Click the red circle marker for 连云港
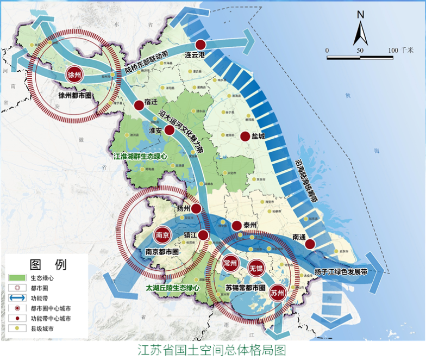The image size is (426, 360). (201, 44)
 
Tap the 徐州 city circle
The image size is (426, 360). (74, 75)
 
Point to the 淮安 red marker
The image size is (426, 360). (170, 130)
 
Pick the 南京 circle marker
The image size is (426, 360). (163, 235)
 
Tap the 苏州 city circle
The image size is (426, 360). (278, 293)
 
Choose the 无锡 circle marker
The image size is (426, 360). (256, 269)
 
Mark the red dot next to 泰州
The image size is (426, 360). (236, 226)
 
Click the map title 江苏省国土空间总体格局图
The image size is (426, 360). (211, 349)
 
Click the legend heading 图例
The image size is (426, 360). (48, 265)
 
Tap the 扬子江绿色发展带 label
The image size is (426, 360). (341, 271)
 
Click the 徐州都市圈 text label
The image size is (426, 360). (74, 96)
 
